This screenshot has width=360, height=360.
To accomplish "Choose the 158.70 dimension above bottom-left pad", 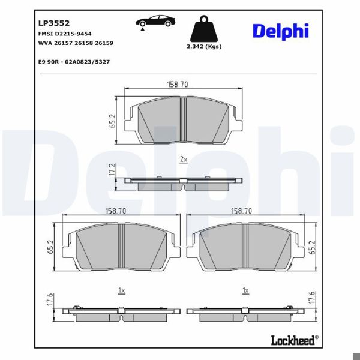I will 115,211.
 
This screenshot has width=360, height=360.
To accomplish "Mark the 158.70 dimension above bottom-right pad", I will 241,211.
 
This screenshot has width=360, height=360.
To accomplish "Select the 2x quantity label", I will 184,160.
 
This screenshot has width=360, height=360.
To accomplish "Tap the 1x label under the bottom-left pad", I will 121,290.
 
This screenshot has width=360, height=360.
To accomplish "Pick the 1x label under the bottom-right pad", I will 244,290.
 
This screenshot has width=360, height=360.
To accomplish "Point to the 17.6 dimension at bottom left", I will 52,299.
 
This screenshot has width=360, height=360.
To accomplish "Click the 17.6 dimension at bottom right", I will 312,299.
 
